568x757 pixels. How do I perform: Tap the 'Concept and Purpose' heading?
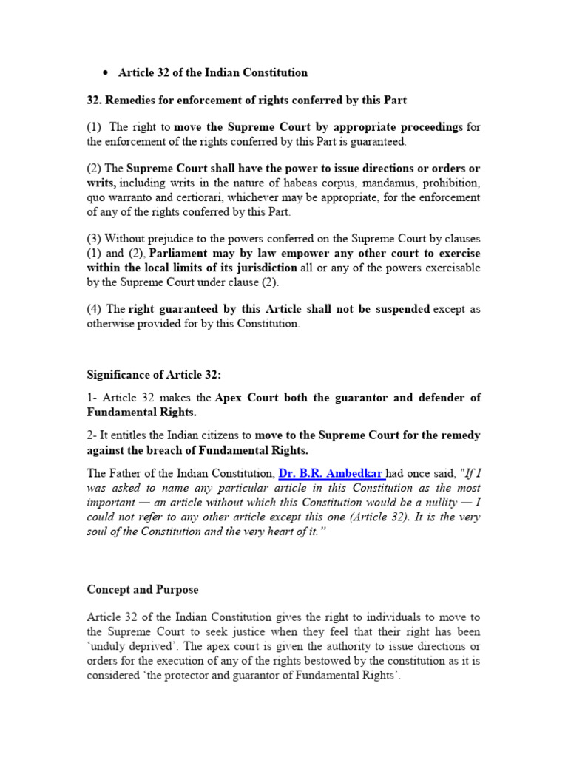coord(142,590)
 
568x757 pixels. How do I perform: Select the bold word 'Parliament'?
coord(179,252)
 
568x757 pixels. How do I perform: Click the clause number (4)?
coord(95,309)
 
